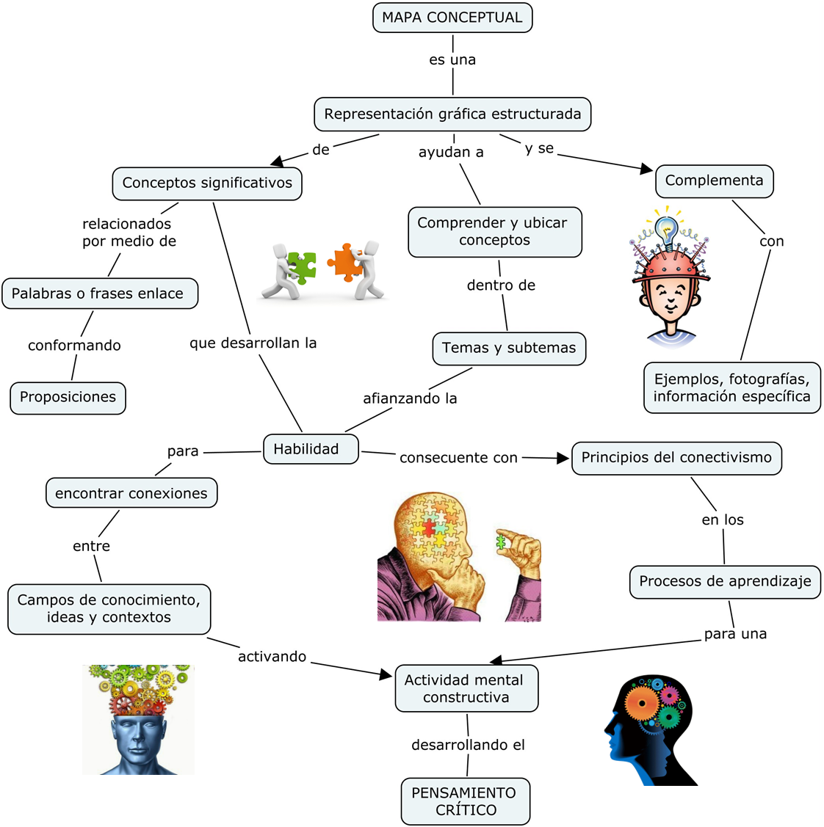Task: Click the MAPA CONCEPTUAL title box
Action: tap(452, 18)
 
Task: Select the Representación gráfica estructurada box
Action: tap(452, 114)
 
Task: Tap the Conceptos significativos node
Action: tap(207, 183)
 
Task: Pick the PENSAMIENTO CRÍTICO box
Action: tap(465, 801)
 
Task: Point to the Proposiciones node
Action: tap(68, 398)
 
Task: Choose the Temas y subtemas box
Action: tap(509, 348)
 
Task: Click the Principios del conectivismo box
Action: tap(676, 458)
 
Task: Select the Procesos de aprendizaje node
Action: tap(725, 582)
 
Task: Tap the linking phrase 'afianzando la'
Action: tap(410, 398)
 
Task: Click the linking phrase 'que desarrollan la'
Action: tap(253, 343)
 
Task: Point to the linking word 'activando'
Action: tap(272, 657)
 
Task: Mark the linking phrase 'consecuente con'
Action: tap(458, 458)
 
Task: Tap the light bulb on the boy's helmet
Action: tap(667, 230)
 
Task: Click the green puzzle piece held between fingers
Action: tap(501, 542)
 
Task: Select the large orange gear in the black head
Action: tap(643, 703)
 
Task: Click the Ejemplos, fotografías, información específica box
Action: tap(732, 387)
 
